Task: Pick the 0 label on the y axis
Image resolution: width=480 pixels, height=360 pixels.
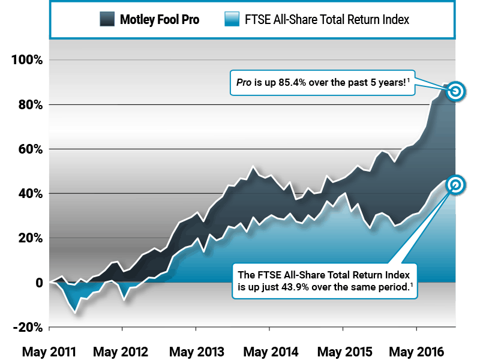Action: [38, 283]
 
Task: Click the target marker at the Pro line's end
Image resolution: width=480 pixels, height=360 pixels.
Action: [455, 91]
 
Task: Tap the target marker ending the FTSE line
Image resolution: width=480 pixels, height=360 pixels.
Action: [455, 185]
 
